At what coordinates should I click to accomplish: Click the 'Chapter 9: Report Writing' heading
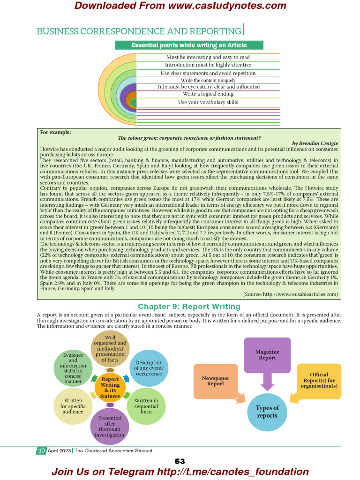189,307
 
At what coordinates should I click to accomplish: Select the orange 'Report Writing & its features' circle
110,387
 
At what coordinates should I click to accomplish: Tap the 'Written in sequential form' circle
146,406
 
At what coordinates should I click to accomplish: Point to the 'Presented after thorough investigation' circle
110,426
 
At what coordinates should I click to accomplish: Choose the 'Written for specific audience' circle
73,406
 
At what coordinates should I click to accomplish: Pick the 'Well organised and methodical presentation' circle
110,349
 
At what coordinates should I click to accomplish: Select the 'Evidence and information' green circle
73,368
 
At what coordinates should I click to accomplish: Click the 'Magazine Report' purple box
267,355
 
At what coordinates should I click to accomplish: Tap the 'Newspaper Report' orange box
216,381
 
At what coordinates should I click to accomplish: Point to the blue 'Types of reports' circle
267,412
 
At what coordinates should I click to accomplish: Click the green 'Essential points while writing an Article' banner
189,45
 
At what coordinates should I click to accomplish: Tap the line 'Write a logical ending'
208,94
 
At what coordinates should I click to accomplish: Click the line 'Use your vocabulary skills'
208,102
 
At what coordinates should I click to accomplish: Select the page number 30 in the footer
41,450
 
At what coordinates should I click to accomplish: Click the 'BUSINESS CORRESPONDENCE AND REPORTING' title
139,31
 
